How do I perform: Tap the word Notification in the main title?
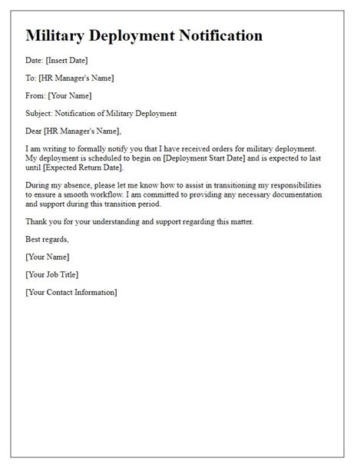pyautogui.click(x=215, y=35)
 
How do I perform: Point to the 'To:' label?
pyautogui.click(x=31, y=77)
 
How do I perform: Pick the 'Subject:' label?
pyautogui.click(x=41, y=114)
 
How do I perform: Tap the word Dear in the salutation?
pyautogui.click(x=35, y=131)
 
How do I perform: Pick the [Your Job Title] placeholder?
pyautogui.click(x=51, y=274)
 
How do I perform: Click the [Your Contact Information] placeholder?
pyautogui.click(x=71, y=293)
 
